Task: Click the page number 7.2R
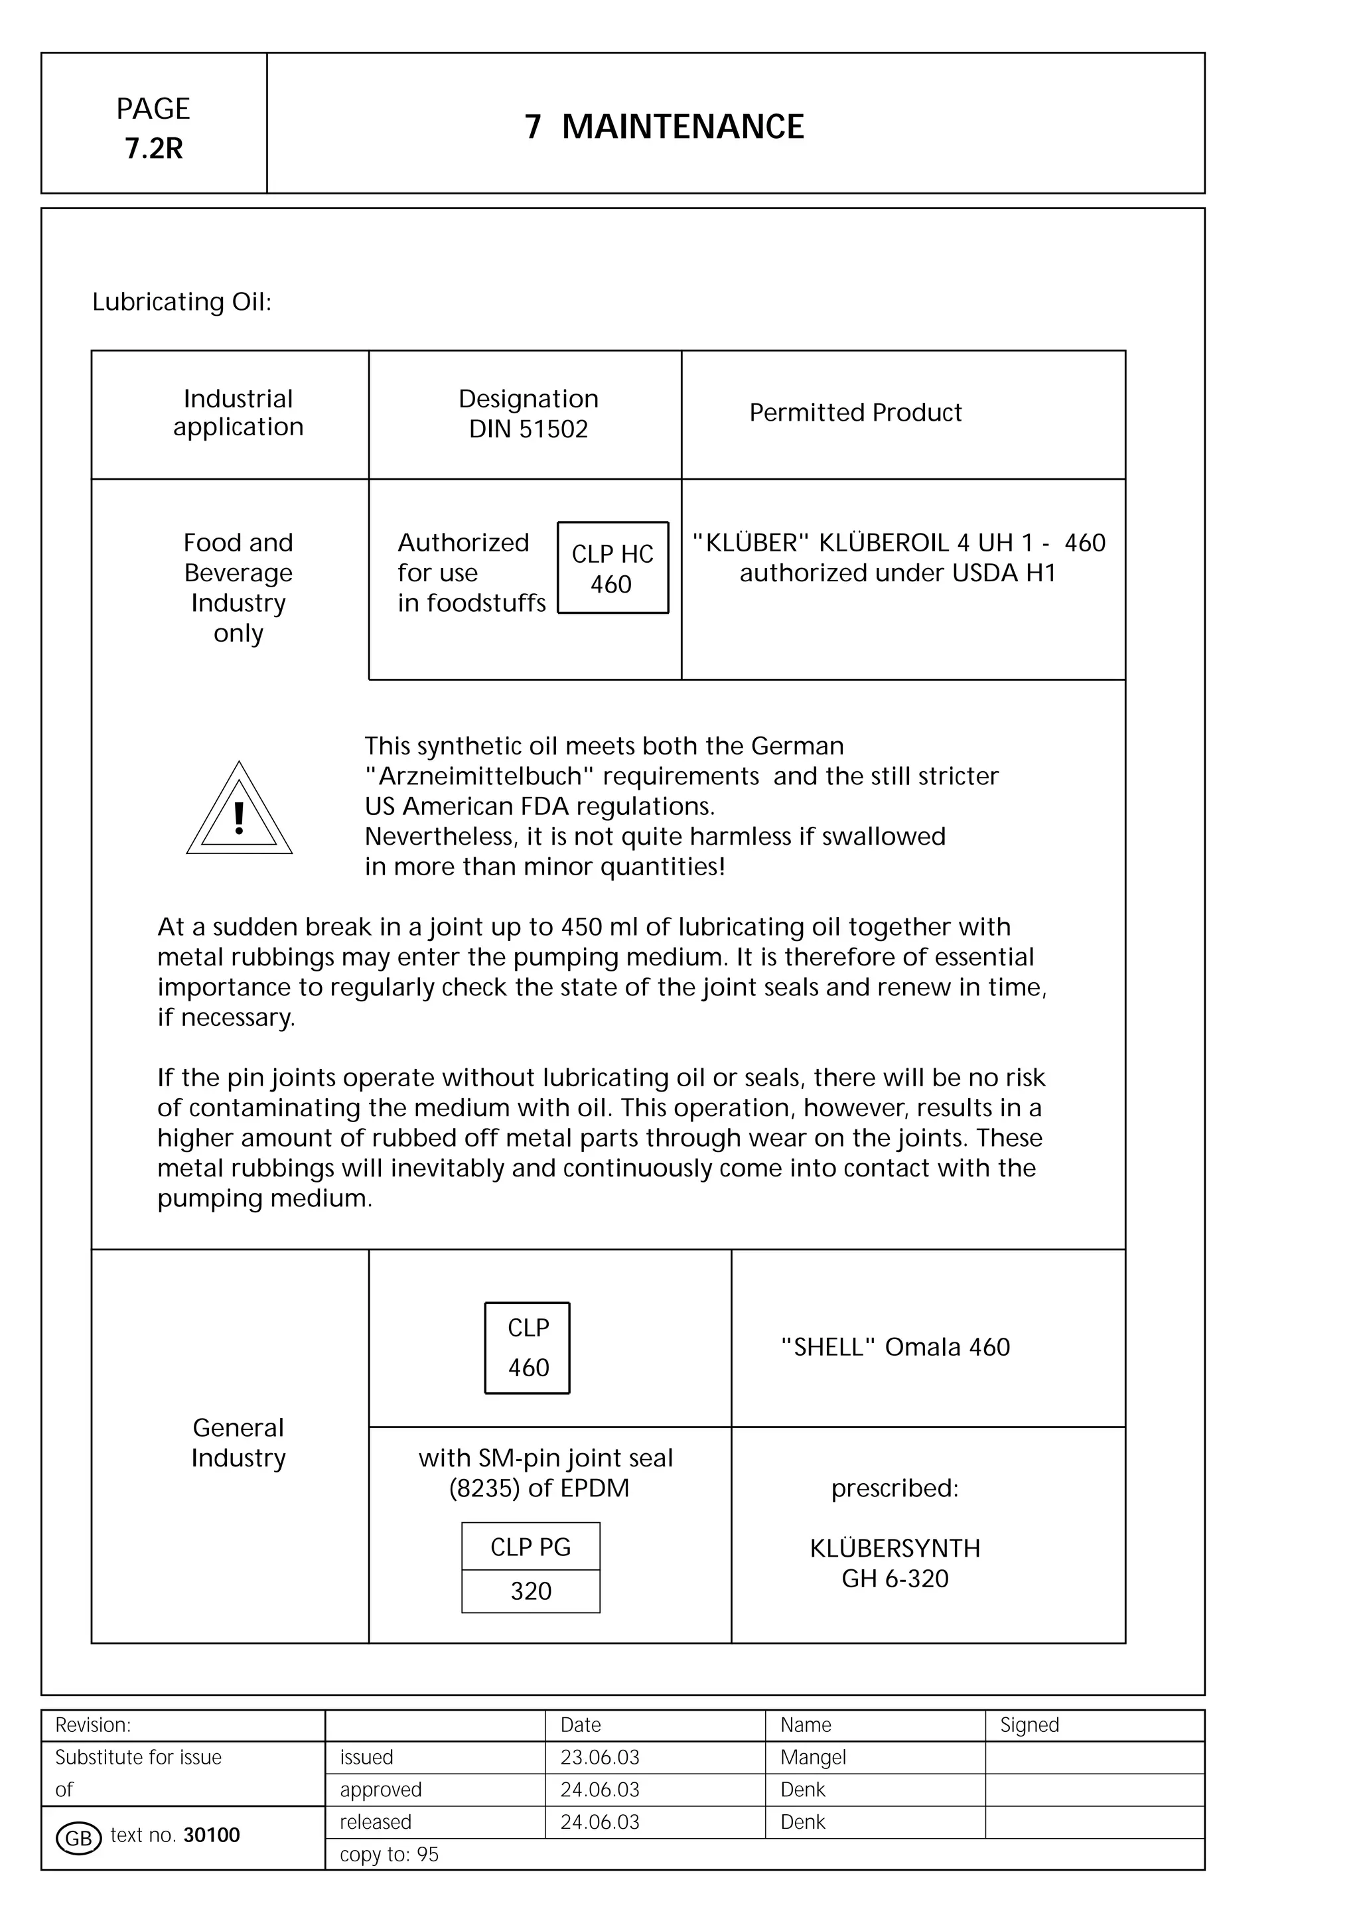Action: tap(154, 148)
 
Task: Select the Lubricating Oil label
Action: tap(182, 301)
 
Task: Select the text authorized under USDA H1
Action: tap(898, 573)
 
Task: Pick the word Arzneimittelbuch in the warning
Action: tap(482, 776)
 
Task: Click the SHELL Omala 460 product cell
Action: tap(895, 1347)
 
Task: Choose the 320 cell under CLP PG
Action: tap(531, 1591)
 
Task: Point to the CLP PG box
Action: tap(531, 1547)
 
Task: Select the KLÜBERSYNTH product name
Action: tap(895, 1548)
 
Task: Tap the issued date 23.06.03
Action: tap(599, 1757)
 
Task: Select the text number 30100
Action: tap(212, 1835)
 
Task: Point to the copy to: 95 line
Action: tap(390, 1854)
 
